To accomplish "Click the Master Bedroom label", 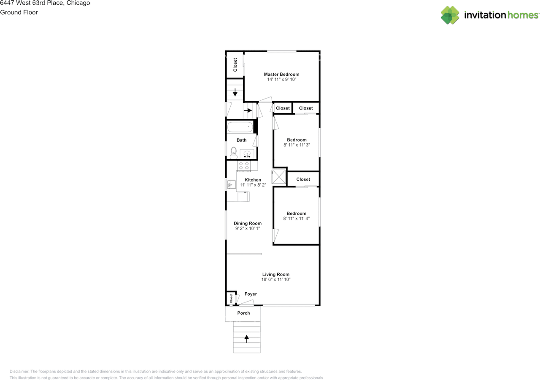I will click(281, 75).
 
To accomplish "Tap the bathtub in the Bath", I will click(240, 127).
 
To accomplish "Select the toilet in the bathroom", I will click(234, 153).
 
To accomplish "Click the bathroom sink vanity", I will click(247, 154).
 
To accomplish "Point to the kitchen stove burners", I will click(243, 166).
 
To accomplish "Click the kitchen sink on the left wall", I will click(231, 184).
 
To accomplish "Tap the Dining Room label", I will click(248, 223).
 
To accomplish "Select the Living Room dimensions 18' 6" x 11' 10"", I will click(276, 279).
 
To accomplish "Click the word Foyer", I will click(251, 294).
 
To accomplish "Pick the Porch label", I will click(243, 313).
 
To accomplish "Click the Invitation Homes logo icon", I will click(450, 15).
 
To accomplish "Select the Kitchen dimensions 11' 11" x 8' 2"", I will click(253, 185).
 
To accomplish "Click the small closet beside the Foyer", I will click(231, 298).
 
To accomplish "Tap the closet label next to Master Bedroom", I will click(235, 64).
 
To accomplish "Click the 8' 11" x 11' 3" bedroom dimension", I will click(297, 145).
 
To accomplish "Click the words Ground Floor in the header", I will click(19, 12).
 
